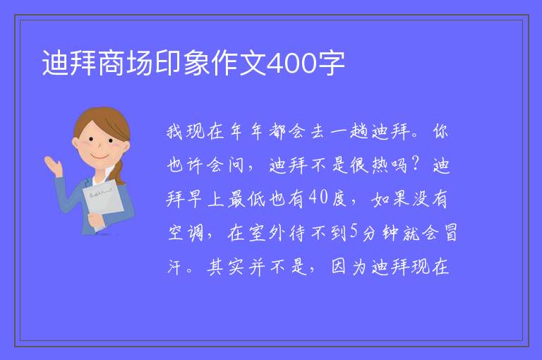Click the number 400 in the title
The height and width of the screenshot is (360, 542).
pyautogui.click(x=291, y=63)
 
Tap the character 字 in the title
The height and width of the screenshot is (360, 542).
pyautogui.click(x=331, y=63)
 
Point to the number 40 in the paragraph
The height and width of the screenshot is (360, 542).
pyautogui.click(x=318, y=198)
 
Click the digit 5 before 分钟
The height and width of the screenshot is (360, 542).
pyautogui.click(x=354, y=232)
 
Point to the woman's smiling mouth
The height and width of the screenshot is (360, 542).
pyautogui.click(x=100, y=157)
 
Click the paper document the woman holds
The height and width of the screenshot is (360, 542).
pyautogui.click(x=103, y=200)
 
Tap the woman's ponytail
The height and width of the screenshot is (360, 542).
pyautogui.click(x=118, y=172)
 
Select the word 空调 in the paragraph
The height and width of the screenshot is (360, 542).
pyautogui.click(x=186, y=232)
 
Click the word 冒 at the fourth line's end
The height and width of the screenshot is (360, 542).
pyautogui.click(x=450, y=232)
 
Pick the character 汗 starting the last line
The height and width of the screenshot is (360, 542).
pyautogui.click(x=175, y=267)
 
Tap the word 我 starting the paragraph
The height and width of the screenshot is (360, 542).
pyautogui.click(x=175, y=132)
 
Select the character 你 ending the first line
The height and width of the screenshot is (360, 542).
pyautogui.click(x=440, y=132)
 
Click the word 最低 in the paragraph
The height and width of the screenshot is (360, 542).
pyautogui.click(x=247, y=198)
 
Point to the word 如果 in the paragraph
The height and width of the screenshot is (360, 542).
pyautogui.click(x=390, y=198)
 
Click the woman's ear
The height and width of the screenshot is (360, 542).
pyautogui.click(x=76, y=143)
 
